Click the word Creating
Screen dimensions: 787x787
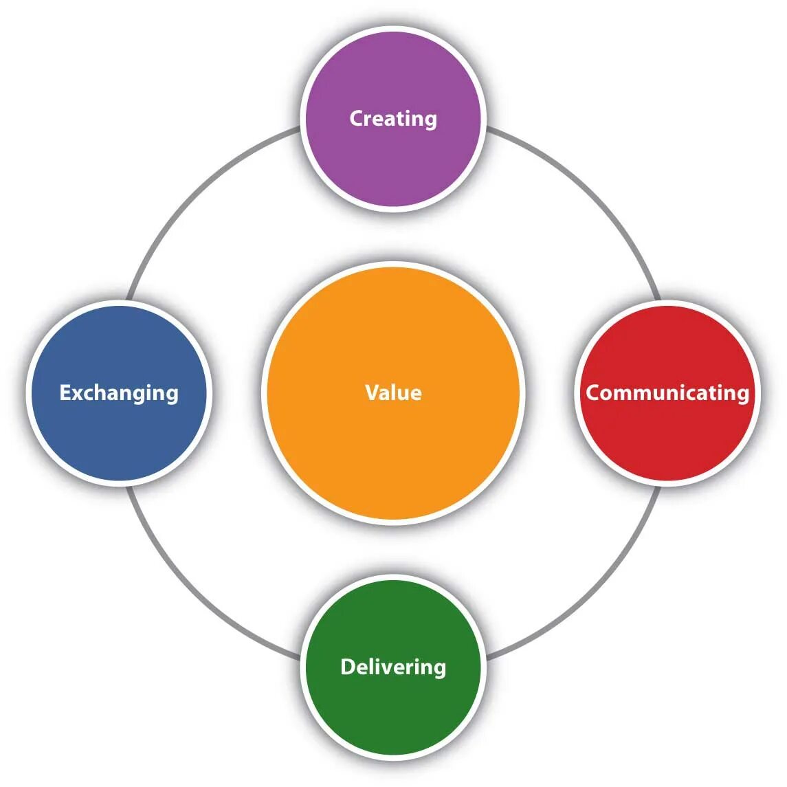[x=393, y=118]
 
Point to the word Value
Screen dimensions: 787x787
[x=393, y=392]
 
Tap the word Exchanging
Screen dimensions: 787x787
[x=118, y=392]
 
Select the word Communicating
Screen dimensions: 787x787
[x=667, y=392]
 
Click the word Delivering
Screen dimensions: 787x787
[x=393, y=667]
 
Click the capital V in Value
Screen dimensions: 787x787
[x=372, y=392]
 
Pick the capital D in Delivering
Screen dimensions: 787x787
[x=348, y=667]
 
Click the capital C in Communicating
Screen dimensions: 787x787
[x=593, y=392]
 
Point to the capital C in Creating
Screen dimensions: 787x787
[x=357, y=118]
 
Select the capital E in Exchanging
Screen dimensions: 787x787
[x=65, y=392]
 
